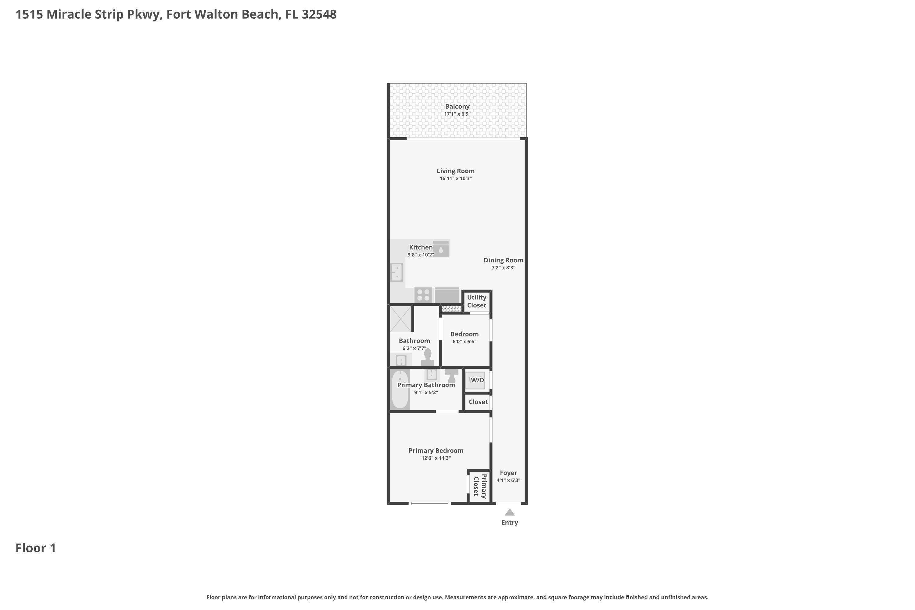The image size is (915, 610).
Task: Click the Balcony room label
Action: coord(457,106)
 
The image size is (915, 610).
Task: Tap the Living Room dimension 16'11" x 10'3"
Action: coord(456,178)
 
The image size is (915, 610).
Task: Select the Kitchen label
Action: coord(421,247)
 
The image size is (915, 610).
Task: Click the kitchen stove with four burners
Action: coord(423,295)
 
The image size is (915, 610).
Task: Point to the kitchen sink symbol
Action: coord(396,272)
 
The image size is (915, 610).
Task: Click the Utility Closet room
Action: coord(476,301)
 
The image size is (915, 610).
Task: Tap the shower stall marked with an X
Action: coord(400,319)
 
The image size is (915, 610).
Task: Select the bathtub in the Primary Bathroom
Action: coord(400,389)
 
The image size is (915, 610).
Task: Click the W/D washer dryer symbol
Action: coord(475,380)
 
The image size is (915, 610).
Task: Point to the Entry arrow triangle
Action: coord(510,512)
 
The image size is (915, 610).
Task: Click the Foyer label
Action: coord(508,473)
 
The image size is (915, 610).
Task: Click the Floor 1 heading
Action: coord(36,548)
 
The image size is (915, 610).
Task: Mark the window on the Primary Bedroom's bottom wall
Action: coord(429,504)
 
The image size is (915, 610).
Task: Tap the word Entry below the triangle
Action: coord(509,522)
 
